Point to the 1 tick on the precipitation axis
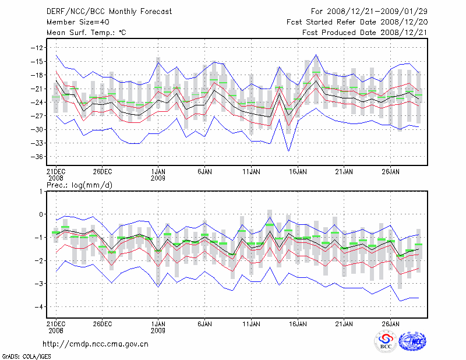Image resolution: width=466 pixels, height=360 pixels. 41,192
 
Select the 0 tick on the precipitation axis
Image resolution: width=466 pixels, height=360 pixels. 41,214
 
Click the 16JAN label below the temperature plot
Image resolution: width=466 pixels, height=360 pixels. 298,172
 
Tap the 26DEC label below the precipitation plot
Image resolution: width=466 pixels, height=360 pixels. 102,323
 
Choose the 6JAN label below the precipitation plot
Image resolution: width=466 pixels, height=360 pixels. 204,323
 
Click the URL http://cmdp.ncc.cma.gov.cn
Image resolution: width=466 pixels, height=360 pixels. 96,344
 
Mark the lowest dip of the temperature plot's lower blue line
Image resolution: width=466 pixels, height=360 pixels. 288,151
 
